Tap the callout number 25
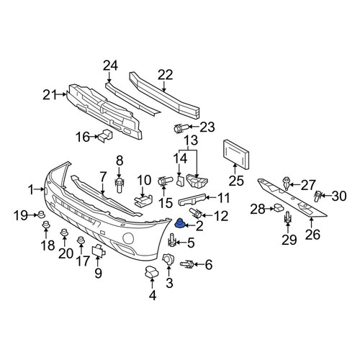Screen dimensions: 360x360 pyautogui.click(x=236, y=181)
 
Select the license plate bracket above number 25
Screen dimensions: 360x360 pyautogui.click(x=236, y=155)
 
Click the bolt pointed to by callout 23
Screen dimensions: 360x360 pyautogui.click(x=179, y=128)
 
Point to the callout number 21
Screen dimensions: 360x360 pyautogui.click(x=49, y=94)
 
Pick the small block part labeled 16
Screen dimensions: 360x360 pyautogui.click(x=106, y=136)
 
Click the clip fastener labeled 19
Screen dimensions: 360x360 pyautogui.click(x=42, y=215)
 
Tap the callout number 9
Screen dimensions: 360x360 pyautogui.click(x=99, y=273)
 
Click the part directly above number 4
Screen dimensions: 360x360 pyautogui.click(x=152, y=271)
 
